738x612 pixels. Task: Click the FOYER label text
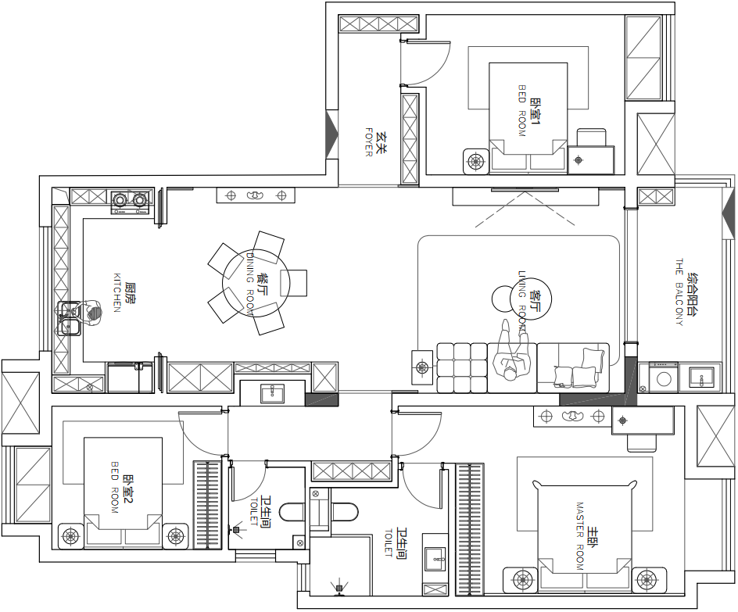click(x=369, y=142)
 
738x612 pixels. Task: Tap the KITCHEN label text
click(x=117, y=292)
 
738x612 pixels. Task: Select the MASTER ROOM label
click(x=580, y=536)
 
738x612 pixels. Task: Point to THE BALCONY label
click(x=679, y=292)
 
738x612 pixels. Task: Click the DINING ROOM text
click(x=250, y=283)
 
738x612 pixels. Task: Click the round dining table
click(x=256, y=283)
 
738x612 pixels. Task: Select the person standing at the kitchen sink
click(x=89, y=313)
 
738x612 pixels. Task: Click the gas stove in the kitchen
click(x=131, y=202)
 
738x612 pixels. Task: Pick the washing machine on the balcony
click(x=664, y=377)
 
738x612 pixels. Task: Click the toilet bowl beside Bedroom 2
click(x=292, y=512)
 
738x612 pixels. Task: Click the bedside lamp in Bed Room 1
click(x=476, y=161)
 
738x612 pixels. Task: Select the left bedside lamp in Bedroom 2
click(x=71, y=536)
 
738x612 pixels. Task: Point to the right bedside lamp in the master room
click(x=649, y=580)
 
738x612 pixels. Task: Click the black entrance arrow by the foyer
click(x=333, y=134)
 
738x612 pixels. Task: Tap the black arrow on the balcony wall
click(x=729, y=214)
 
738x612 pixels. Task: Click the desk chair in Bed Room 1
click(x=592, y=138)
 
